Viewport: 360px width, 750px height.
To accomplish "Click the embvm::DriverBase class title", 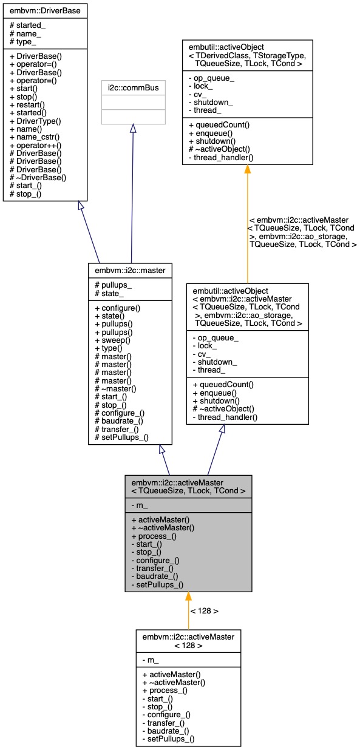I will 45,11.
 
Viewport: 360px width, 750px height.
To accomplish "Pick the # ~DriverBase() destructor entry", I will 37,178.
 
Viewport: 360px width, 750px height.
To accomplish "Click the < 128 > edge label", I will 204,610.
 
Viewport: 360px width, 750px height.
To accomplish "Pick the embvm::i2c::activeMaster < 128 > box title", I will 188,640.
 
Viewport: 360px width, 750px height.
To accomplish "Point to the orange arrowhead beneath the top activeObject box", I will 248,171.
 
